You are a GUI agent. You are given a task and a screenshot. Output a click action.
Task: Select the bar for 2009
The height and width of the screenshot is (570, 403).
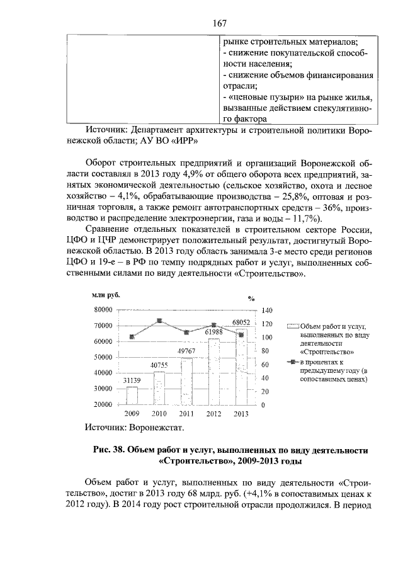click(132, 395)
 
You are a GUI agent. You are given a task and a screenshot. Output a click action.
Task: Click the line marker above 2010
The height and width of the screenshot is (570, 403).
click(159, 321)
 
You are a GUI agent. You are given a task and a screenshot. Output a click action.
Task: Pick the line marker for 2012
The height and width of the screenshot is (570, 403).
click(214, 325)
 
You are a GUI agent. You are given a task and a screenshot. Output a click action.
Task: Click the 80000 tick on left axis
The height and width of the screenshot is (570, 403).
click(103, 310)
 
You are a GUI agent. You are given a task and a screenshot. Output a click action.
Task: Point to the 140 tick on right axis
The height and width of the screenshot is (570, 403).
click(267, 311)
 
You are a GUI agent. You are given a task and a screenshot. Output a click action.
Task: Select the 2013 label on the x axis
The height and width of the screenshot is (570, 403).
click(241, 413)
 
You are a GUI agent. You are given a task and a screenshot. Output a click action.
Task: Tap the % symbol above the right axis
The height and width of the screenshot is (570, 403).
click(251, 299)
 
